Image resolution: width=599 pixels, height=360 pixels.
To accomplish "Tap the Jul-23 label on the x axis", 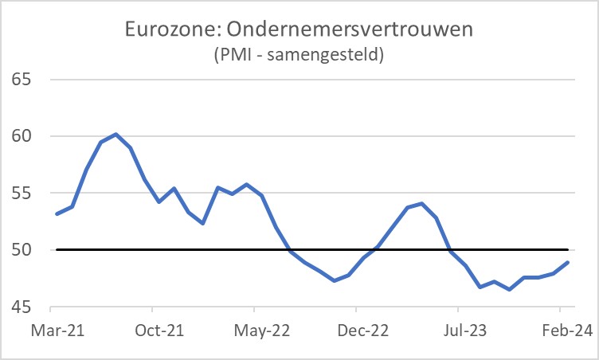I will (458, 330).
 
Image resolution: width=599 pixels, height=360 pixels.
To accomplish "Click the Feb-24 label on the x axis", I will (560, 330).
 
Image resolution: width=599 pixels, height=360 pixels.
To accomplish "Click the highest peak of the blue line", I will (115, 134).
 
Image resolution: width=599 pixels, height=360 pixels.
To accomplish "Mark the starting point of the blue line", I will (57, 213).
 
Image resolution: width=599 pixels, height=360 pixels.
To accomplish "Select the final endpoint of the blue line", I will (567, 262).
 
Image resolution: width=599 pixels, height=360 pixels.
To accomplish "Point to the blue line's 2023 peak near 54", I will (421, 203).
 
